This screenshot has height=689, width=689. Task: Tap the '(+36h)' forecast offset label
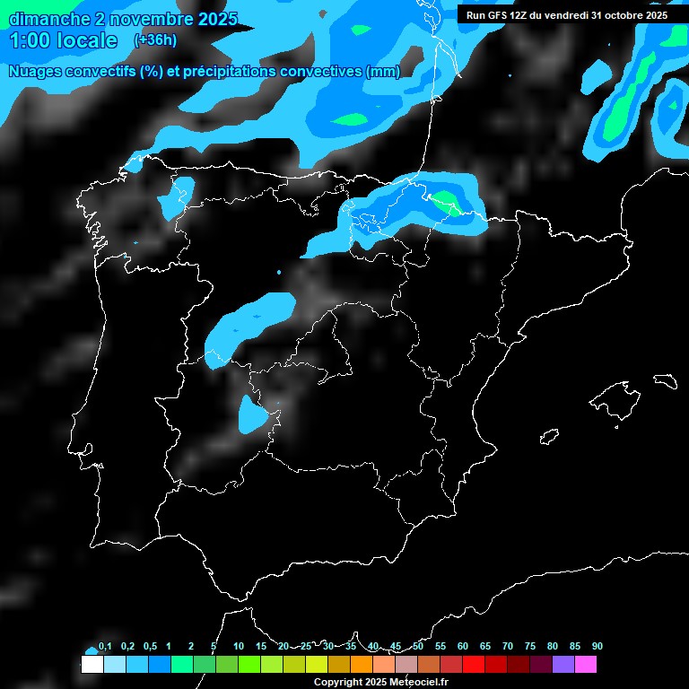pyautogui.click(x=155, y=40)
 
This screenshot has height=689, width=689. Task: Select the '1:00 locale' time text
pyautogui.click(x=64, y=40)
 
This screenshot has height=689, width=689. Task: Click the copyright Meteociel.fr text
pyautogui.click(x=380, y=682)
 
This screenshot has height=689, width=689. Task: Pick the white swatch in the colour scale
pyautogui.click(x=92, y=665)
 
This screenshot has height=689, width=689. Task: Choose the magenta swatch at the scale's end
pyautogui.click(x=585, y=665)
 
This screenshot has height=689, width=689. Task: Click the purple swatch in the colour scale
pyautogui.click(x=563, y=665)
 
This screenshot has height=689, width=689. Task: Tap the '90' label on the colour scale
pyautogui.click(x=597, y=647)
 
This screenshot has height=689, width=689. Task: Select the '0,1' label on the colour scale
pyautogui.click(x=105, y=647)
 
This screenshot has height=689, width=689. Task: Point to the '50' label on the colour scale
pyautogui.click(x=418, y=647)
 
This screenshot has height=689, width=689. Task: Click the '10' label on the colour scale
pyautogui.click(x=239, y=647)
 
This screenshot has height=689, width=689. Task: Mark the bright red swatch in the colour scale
pyautogui.click(x=473, y=665)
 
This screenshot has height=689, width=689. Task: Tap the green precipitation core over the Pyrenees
pyautogui.click(x=446, y=203)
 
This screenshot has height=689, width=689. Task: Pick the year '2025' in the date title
pyautogui.click(x=217, y=19)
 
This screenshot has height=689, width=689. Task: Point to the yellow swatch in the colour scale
pyautogui.click(x=316, y=665)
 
